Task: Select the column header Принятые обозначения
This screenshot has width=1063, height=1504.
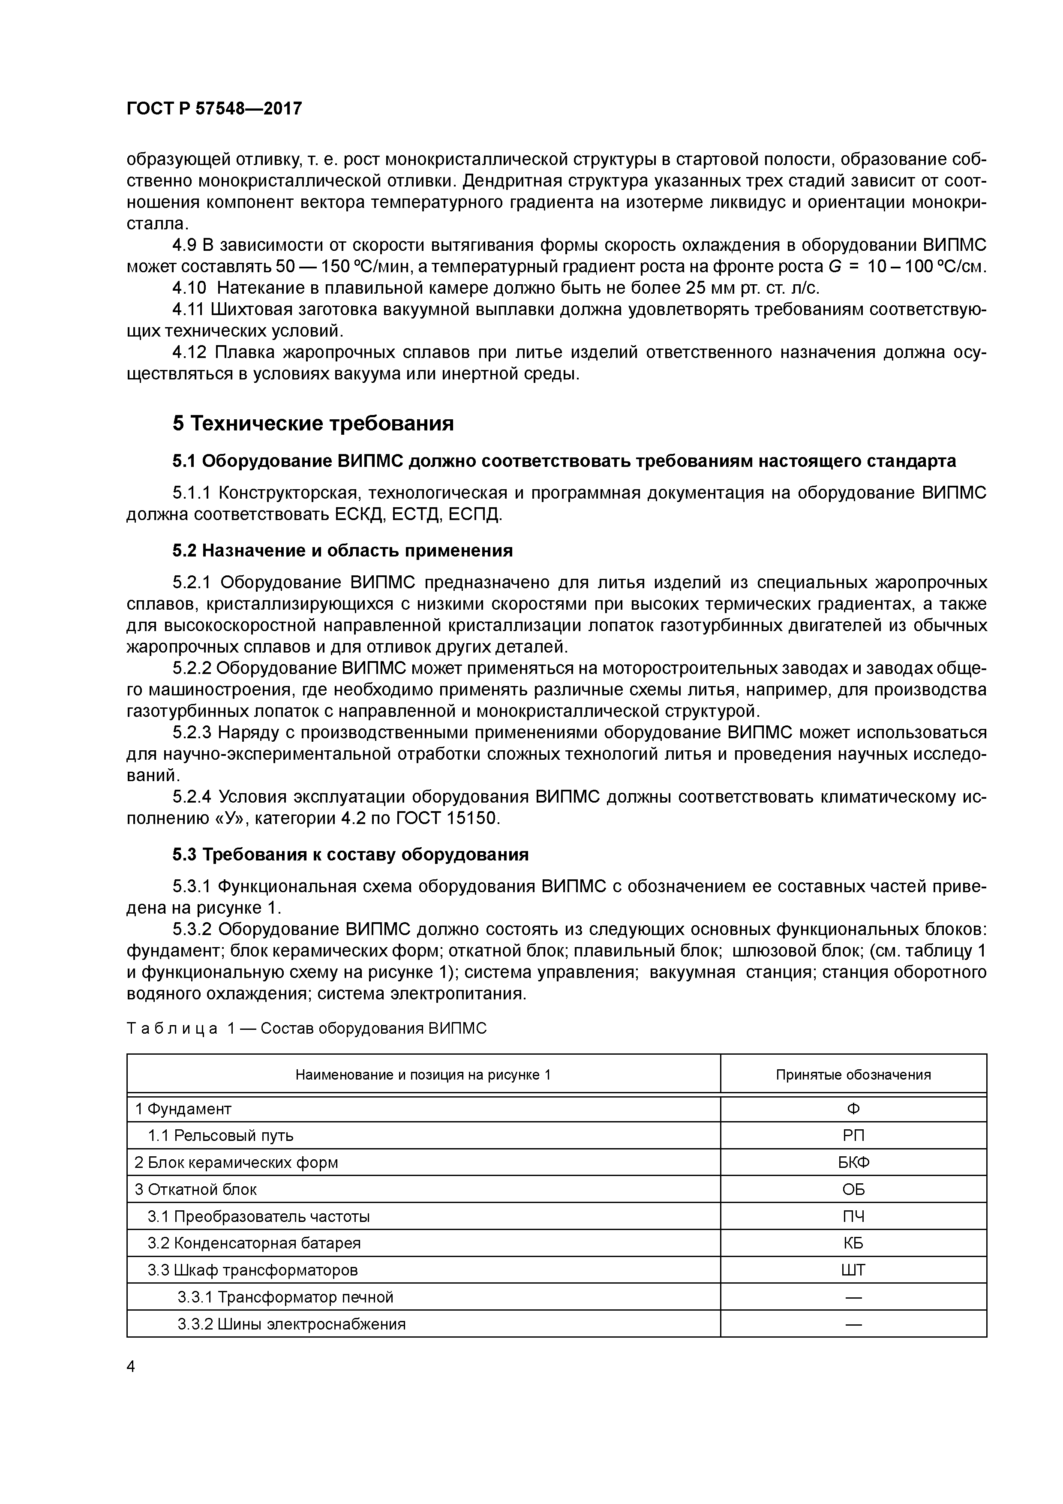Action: (x=853, y=1074)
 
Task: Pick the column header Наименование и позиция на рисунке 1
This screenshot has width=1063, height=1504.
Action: (x=423, y=1074)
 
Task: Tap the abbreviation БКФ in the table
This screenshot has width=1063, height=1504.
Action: (x=853, y=1162)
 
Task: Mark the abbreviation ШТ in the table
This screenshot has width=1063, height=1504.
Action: (x=853, y=1270)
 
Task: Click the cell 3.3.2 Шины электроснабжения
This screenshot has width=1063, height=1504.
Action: (x=291, y=1324)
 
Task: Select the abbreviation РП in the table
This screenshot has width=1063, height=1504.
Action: (x=853, y=1135)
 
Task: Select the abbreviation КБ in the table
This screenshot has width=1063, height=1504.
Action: (x=853, y=1243)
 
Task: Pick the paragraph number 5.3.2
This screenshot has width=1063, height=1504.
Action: (x=192, y=929)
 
